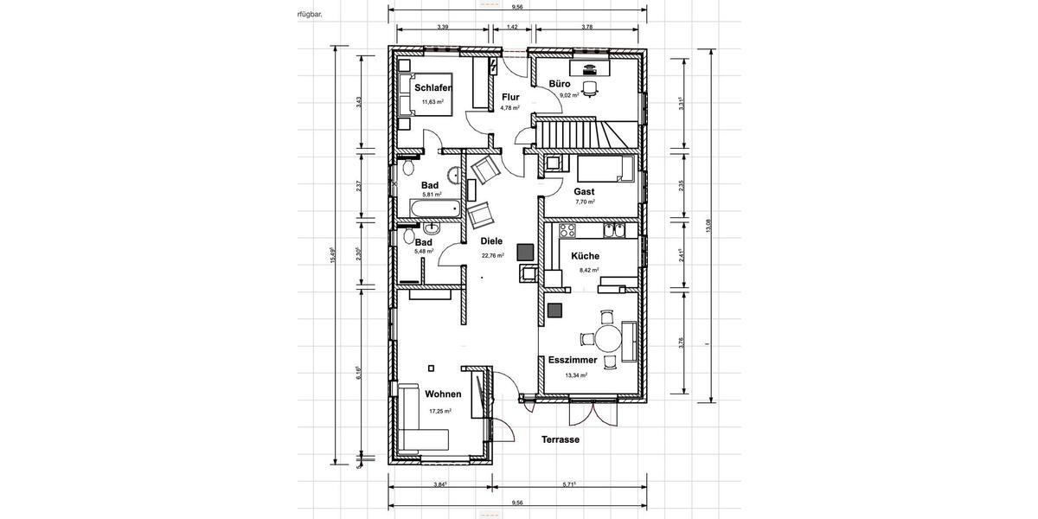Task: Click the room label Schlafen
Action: [x=433, y=88]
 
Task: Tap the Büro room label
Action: [x=560, y=84]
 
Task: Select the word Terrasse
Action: [x=561, y=439]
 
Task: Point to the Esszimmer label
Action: [x=573, y=360]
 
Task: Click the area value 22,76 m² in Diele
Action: [x=492, y=255]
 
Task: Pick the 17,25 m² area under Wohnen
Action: [x=440, y=411]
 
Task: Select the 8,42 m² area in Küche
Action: [x=588, y=270]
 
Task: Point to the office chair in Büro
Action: [x=590, y=86]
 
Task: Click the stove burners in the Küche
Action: [x=567, y=230]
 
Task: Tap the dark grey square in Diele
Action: [x=524, y=252]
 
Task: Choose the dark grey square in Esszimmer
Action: [x=554, y=309]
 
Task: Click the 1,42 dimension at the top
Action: [x=512, y=27]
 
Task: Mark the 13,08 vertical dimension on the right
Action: [x=708, y=226]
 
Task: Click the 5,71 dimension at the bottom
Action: [x=568, y=484]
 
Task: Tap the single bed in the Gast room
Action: [x=606, y=168]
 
